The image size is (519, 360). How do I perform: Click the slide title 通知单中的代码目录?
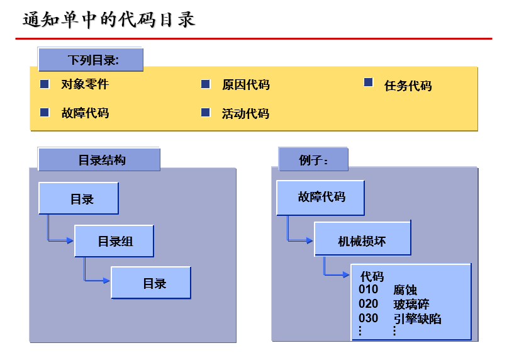109,20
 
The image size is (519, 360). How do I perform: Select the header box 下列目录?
91,60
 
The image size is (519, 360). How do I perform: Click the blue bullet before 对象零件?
45,84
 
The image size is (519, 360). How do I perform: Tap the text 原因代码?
245,85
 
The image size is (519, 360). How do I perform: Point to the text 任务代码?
408,86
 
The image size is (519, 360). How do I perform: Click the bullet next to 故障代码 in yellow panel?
45,113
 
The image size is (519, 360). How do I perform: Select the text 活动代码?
245,114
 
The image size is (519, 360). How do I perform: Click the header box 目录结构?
99,160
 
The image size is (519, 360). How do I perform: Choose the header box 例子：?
313,160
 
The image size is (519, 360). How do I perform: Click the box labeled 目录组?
114,242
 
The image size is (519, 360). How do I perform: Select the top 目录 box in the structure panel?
79,199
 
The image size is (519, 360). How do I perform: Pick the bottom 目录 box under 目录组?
152,283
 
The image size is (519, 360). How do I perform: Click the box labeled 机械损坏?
362,241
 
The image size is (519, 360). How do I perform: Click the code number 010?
369,290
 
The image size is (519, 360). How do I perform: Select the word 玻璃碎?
411,305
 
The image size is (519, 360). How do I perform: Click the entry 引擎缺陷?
417,319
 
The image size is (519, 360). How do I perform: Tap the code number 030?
369,318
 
